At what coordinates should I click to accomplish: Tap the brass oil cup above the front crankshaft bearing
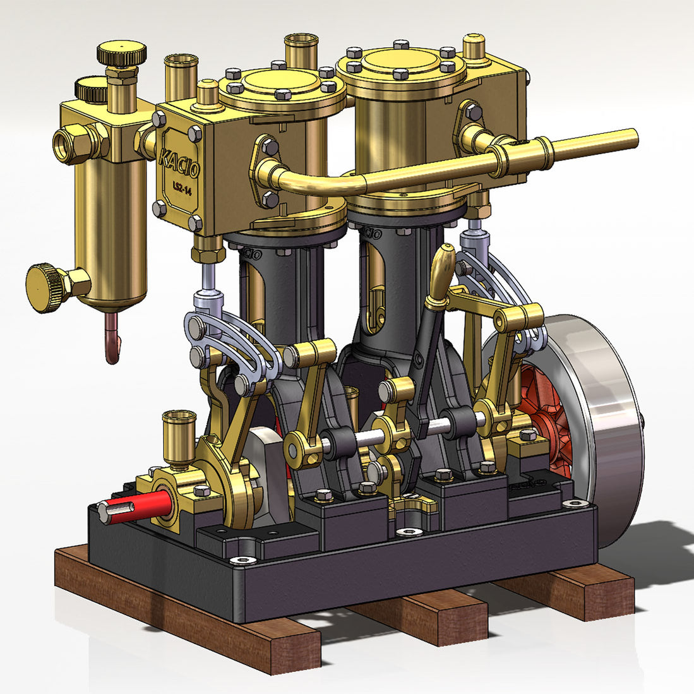179,433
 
